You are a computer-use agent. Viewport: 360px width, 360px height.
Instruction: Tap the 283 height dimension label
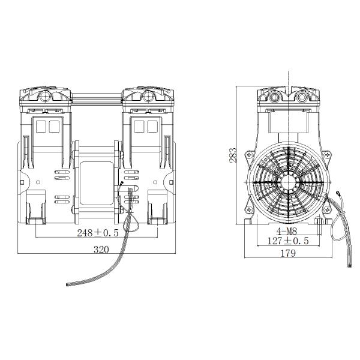pyautogui.click(x=233, y=155)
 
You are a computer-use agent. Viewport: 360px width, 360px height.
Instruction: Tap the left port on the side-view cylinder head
pyautogui.click(x=276, y=95)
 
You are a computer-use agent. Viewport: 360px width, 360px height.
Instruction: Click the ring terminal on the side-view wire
pyautogui.click(x=340, y=193)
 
